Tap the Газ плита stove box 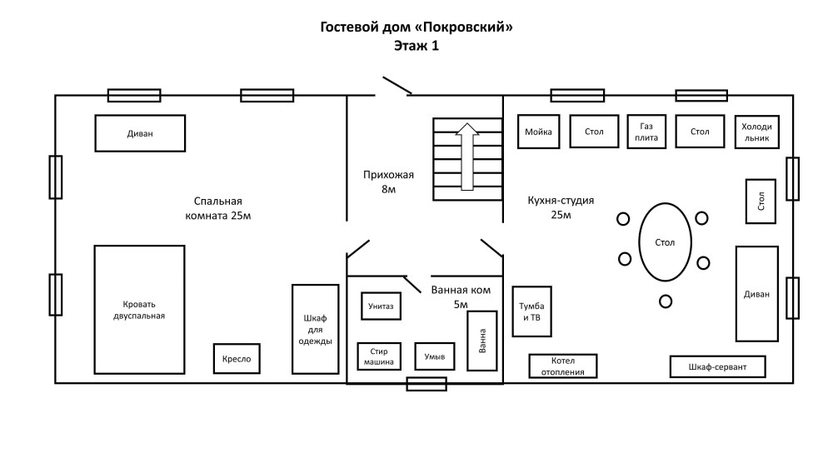647,131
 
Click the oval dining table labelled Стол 664,242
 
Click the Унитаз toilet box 377,306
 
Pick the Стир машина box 378,356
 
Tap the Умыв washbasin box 436,356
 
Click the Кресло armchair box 237,359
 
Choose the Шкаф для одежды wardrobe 315,329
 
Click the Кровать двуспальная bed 139,310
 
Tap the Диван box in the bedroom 140,133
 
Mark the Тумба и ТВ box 531,311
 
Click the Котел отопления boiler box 563,366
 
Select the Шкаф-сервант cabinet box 717,366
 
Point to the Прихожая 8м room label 388,182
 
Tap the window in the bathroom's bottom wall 426,384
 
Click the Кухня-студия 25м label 561,207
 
